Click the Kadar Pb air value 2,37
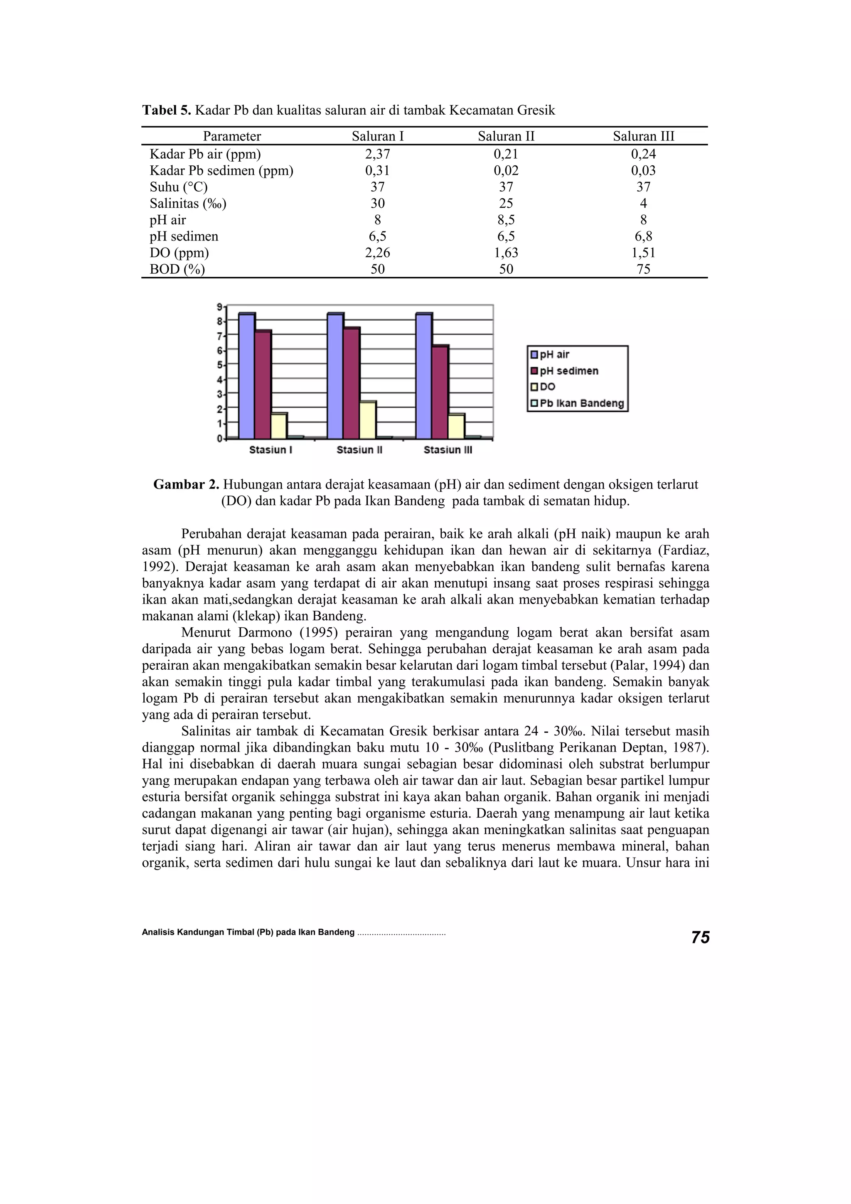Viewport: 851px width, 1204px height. [378, 154]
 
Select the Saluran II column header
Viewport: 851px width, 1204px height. [506, 136]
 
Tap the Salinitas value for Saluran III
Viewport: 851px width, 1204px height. [643, 204]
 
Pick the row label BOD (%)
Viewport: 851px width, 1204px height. [177, 270]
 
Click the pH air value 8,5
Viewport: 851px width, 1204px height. [506, 220]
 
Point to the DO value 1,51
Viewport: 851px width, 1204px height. [643, 253]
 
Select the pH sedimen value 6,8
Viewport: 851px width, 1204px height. [643, 236]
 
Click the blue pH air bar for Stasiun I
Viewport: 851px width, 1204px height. [246, 376]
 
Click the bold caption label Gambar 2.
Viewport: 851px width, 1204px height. [186, 484]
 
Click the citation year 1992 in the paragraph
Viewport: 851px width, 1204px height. [156, 567]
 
